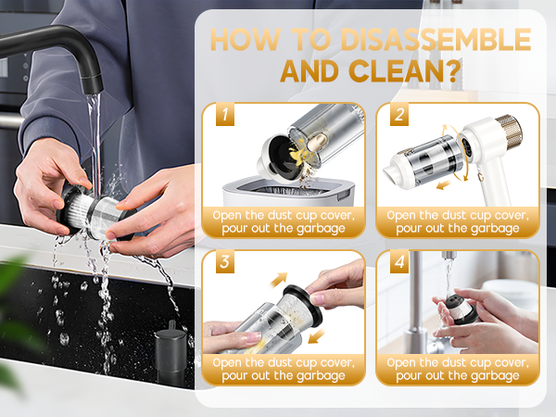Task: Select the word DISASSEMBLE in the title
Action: pyautogui.click(x=430, y=40)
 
